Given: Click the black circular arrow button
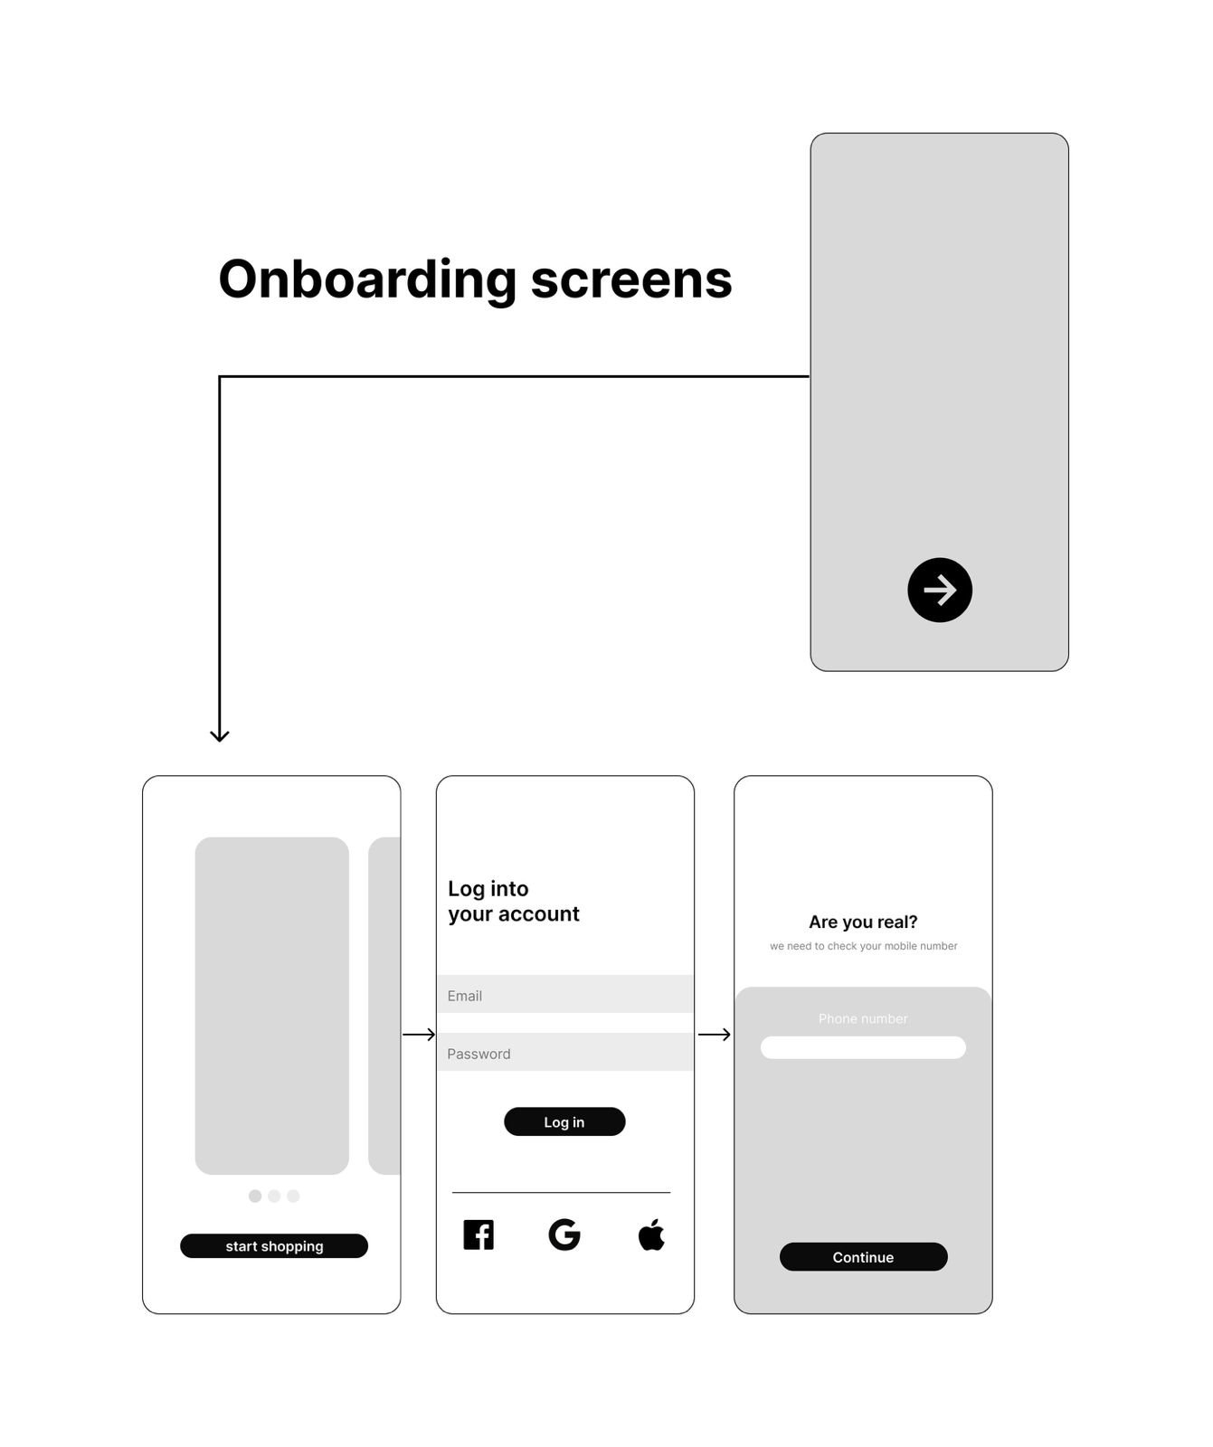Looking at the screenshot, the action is coord(940,590).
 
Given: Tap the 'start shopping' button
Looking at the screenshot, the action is coord(274,1245).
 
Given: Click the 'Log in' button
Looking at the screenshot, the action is coord(564,1121).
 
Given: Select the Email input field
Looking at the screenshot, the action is coord(565,994).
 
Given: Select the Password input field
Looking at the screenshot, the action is coord(565,1052).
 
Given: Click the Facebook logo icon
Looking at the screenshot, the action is coord(479,1234).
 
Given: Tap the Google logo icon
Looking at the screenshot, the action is coord(564,1234).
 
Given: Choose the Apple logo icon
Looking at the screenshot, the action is coord(651,1234).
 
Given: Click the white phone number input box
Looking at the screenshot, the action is coord(863,1047).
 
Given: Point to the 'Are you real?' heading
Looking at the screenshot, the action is coord(863,922).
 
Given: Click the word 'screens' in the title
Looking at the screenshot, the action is coord(631,280).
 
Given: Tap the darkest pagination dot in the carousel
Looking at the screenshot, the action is coord(255,1196).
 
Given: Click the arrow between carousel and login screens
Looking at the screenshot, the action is coord(419,1035).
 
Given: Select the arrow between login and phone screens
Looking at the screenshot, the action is coord(715,1035).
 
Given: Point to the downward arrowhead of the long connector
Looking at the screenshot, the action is coord(220,742).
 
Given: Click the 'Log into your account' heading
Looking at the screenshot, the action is coord(514,902).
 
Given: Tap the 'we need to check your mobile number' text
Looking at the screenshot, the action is coord(864,946).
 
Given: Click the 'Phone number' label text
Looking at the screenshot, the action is coord(863,1018).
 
